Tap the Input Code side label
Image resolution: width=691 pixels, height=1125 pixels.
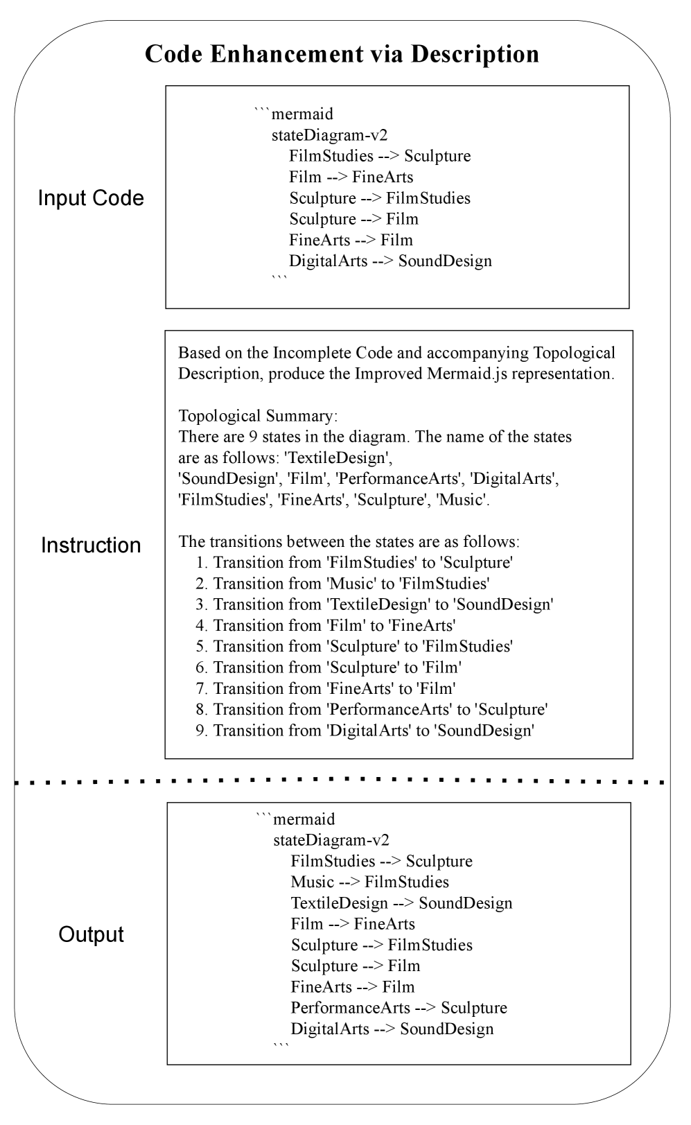(91, 198)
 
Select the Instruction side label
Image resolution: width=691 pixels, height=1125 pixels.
(91, 545)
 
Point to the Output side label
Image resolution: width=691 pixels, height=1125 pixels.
(91, 934)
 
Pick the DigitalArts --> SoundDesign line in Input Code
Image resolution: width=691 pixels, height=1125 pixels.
(390, 261)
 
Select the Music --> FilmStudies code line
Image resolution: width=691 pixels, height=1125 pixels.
(369, 882)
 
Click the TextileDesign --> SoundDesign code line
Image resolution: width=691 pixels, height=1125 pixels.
(401, 903)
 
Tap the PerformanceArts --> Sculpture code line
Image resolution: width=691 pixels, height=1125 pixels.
(399, 1008)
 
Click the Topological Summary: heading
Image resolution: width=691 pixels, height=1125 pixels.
(258, 416)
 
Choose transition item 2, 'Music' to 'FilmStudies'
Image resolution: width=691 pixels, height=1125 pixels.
(351, 584)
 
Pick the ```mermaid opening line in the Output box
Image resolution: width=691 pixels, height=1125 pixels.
(295, 819)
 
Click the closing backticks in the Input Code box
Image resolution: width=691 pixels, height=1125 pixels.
(279, 279)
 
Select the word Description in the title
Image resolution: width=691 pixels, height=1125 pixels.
(475, 55)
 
